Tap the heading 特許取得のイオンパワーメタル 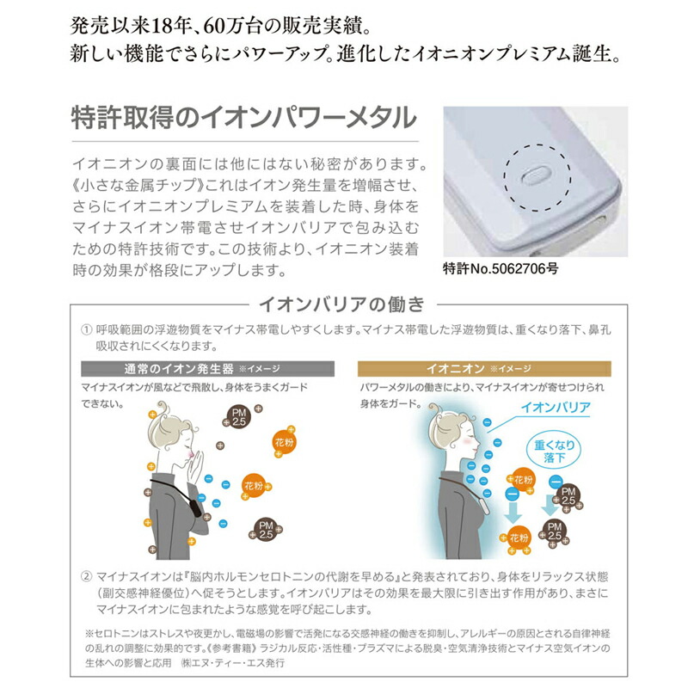point(244,117)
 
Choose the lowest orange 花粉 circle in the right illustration point(518,538)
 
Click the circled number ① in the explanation point(86,329)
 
